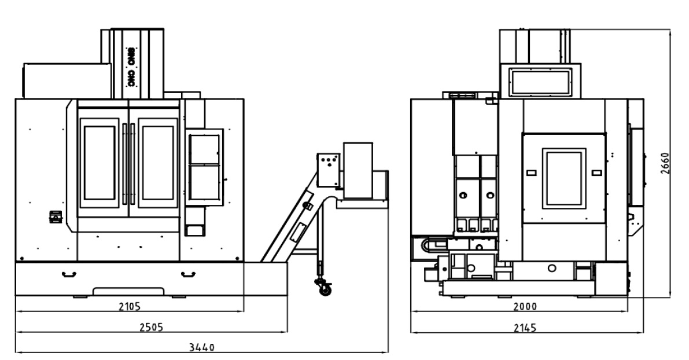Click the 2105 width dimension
(x=130, y=306)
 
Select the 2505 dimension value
(x=151, y=327)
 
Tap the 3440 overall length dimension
(x=202, y=347)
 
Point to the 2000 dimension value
(x=525, y=306)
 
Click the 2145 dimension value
(x=525, y=328)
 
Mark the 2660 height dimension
(x=665, y=164)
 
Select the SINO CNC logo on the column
(x=131, y=67)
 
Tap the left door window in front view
(x=100, y=163)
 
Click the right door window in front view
(x=158, y=163)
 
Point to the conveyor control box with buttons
(x=328, y=170)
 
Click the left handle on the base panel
(x=69, y=275)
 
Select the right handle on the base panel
(x=188, y=275)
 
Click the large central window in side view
(x=564, y=178)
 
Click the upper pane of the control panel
(x=204, y=149)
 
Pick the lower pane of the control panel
(x=204, y=182)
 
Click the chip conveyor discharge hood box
(x=358, y=170)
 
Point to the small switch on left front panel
(x=56, y=216)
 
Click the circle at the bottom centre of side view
(x=552, y=268)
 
